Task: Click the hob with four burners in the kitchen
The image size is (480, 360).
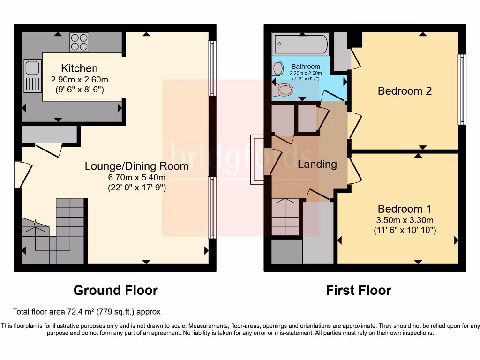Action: pos(79,42)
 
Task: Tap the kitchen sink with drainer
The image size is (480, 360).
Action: pos(32,76)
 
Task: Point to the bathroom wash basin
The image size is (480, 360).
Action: pos(277,69)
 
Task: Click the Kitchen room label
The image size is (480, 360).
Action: pos(79,69)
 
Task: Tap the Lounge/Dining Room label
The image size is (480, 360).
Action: pos(136,166)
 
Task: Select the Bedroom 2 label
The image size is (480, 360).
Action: pos(405,91)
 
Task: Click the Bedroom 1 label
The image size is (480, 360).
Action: pos(405,209)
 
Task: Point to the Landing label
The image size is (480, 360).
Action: pos(317,164)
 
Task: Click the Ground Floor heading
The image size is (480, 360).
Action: pos(115,291)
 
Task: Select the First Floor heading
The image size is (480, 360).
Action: pos(358,291)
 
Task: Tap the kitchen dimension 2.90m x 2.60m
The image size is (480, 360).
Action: pos(79,80)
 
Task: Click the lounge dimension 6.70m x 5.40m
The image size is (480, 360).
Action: pos(136,177)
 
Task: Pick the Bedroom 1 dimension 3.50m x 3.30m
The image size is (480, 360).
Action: pos(405,220)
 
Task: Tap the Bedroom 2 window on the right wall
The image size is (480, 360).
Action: pos(462,89)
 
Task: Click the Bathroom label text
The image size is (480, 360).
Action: pos(306,67)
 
